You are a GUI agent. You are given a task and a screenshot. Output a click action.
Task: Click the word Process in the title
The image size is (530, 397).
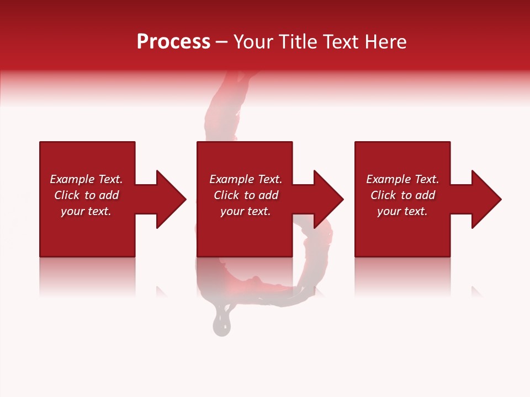coord(173,42)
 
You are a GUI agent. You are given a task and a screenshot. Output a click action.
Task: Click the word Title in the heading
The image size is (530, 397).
coord(296,42)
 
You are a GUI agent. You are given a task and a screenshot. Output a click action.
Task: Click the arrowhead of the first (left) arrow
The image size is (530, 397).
coord(171,199)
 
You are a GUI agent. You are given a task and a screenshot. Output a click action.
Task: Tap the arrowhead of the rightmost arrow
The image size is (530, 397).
coord(486,199)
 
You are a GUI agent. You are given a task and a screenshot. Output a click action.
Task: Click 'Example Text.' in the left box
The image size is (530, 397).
coord(86,179)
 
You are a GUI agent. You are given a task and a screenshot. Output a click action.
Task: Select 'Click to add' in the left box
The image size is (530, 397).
coord(86,195)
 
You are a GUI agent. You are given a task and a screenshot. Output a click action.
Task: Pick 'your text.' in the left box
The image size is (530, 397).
coord(86,211)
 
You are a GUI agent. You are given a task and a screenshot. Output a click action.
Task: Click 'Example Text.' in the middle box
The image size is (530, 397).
coord(246,179)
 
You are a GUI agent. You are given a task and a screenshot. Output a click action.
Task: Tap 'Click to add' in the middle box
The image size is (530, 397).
coord(246,195)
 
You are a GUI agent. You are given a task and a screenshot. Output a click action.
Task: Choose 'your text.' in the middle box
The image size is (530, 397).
coord(246,211)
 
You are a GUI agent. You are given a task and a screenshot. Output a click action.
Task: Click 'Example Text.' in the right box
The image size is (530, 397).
coord(402,179)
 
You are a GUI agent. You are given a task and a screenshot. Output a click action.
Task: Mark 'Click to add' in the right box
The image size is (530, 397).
coord(402,195)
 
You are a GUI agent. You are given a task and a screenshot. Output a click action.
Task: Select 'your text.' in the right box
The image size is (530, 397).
coord(402,211)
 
